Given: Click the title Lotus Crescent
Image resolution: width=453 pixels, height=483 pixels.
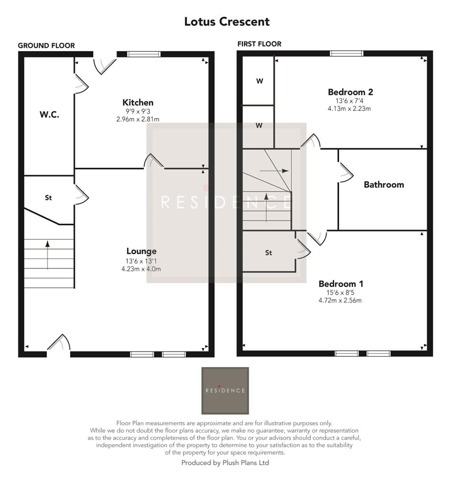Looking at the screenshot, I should pos(226,21).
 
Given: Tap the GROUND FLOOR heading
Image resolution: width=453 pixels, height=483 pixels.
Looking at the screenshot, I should pos(46,46).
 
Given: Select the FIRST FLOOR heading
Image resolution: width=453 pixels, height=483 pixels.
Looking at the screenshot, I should pos(259,44).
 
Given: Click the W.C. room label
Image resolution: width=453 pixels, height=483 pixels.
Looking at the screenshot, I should pos(49,114).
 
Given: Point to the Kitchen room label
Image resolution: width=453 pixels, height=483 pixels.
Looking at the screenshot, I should pos(138,103).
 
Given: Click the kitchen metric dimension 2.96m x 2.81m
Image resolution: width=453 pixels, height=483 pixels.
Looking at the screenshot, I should pos(138,119).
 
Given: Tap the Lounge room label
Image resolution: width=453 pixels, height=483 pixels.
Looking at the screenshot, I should pos(141,251).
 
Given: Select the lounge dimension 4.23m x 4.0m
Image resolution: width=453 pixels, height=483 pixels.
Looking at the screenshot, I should pos(141,269).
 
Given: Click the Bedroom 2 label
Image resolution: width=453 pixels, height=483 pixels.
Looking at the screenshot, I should pos(350,92).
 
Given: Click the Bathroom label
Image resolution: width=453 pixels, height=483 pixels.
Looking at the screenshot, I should pos(384,185).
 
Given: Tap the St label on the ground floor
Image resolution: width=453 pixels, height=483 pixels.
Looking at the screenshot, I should pos(48,197).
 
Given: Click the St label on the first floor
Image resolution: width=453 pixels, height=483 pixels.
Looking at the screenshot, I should pos(268,253).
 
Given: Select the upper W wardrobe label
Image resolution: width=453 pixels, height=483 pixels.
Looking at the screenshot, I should pos(259,81).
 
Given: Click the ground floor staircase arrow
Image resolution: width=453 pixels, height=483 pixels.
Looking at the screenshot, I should pos(47,255).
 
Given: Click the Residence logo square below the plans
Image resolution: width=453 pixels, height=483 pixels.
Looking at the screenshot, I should pos(225,390).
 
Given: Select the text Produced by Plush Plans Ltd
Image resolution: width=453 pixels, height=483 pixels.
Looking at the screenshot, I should pos(225,463).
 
